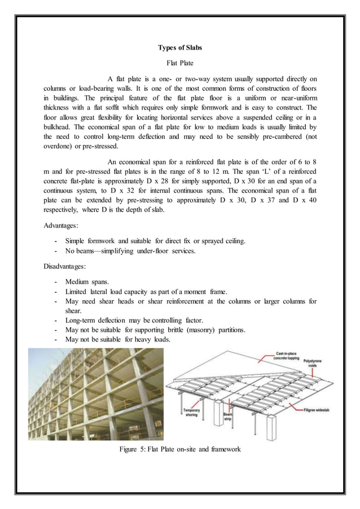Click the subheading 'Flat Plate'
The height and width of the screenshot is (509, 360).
[x=179, y=64]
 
